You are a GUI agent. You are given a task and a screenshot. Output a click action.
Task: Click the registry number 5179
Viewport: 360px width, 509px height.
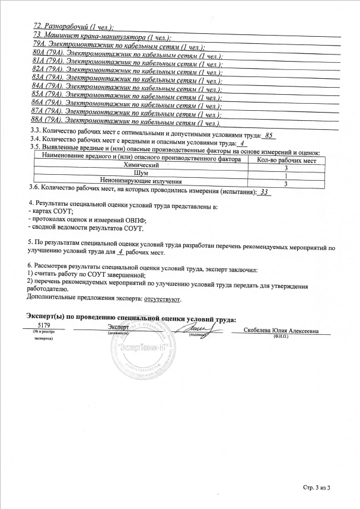[43, 326]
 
